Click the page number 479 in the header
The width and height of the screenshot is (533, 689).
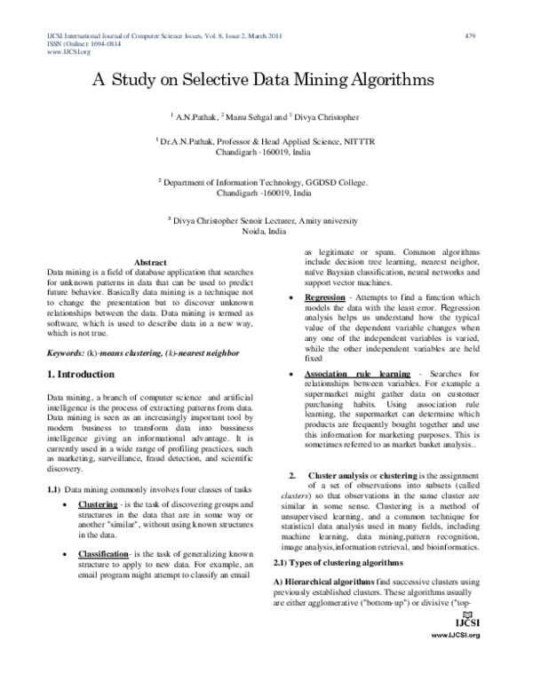click(x=470, y=36)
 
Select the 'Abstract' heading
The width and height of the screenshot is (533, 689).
click(x=149, y=262)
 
